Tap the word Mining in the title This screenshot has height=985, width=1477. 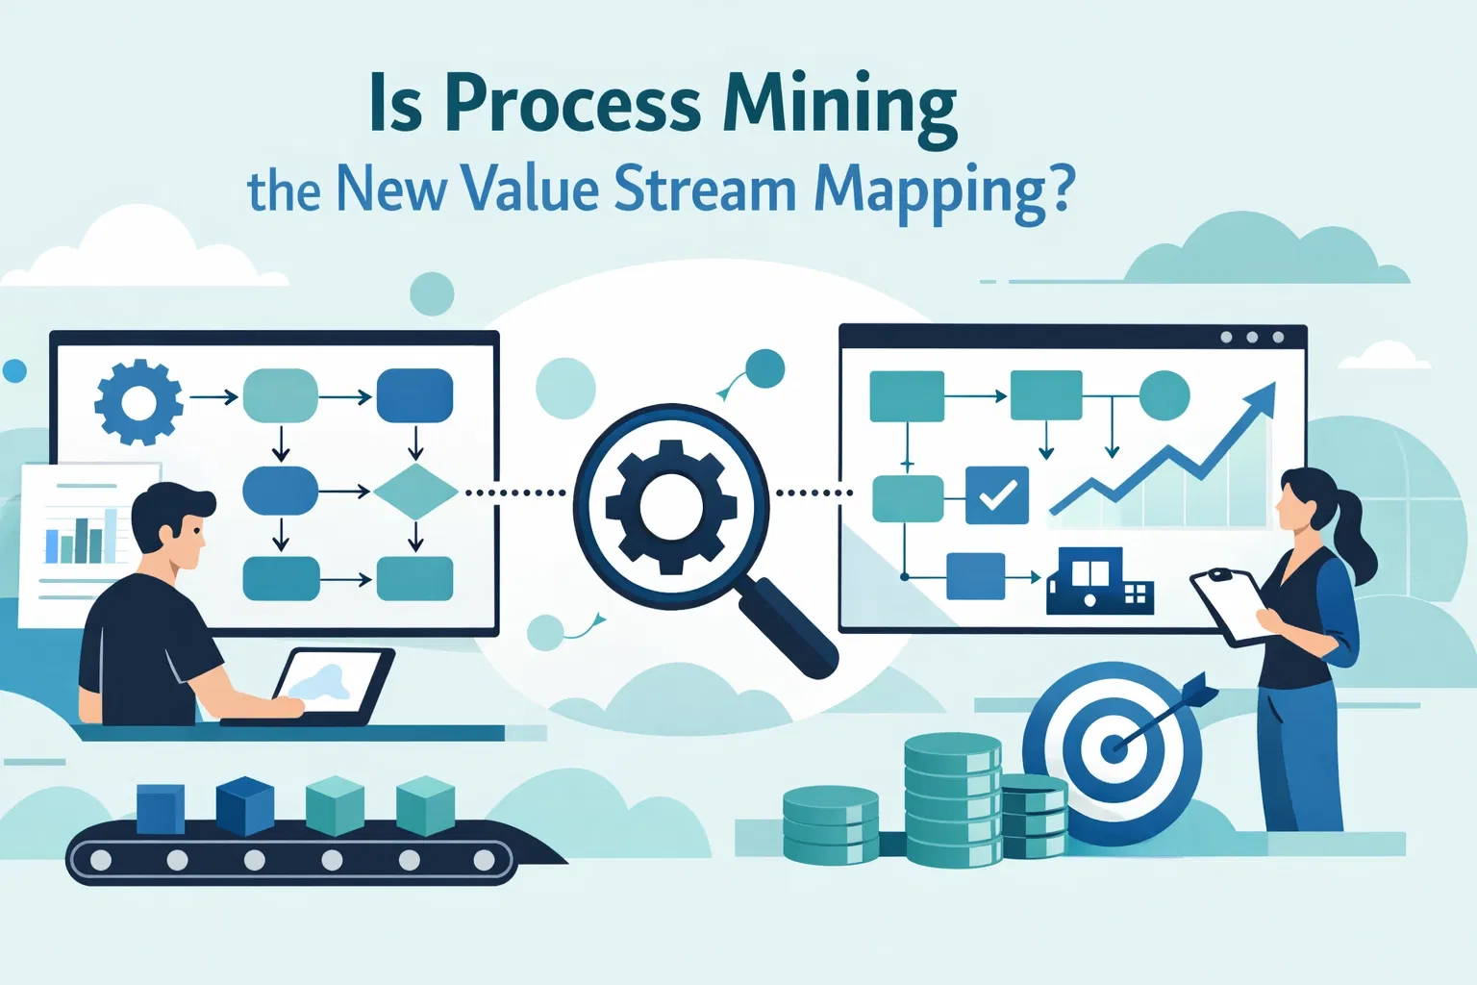[839, 106]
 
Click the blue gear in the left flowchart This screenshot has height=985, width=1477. [138, 402]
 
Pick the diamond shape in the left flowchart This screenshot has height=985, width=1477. [414, 492]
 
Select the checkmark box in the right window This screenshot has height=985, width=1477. [996, 494]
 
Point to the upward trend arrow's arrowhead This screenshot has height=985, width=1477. [1262, 396]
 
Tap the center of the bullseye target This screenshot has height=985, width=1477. [1114, 746]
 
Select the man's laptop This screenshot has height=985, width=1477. [332, 685]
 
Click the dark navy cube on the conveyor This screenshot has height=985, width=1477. [244, 805]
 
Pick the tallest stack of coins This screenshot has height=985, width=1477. [952, 797]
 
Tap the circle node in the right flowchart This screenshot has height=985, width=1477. [1164, 395]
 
